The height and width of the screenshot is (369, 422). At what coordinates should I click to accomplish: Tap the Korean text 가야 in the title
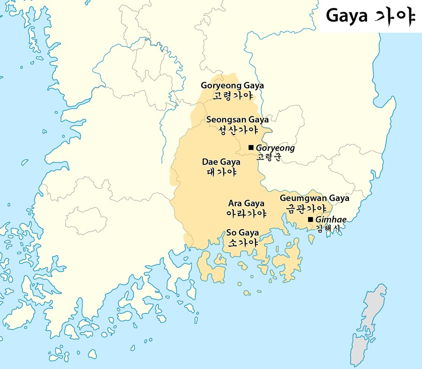coord(395,16)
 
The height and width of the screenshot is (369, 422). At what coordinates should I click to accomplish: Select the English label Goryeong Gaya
coord(232,86)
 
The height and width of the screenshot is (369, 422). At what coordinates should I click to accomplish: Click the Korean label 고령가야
coord(232,96)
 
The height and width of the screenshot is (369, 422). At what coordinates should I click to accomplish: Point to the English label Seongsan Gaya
coord(237,120)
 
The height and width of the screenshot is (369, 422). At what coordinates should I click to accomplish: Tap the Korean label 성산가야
coord(237,130)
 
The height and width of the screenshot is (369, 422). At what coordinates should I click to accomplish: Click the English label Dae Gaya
coord(221,162)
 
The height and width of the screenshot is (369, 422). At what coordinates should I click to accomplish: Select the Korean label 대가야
coord(221,172)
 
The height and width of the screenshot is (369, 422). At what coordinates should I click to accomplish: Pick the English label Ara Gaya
coord(246,203)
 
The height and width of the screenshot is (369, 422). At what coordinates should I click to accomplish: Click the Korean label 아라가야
coord(246,214)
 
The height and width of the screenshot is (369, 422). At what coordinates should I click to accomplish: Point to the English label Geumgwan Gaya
coord(314,198)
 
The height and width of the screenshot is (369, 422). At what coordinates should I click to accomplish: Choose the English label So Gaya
coord(242,233)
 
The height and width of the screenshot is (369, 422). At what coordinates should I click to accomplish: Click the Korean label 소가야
coord(242,243)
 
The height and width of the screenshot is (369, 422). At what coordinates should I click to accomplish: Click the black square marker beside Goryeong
coord(251,148)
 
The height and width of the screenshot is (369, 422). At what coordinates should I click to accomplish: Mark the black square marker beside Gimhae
coord(310,219)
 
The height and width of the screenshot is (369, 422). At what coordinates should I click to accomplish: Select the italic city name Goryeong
coord(275,148)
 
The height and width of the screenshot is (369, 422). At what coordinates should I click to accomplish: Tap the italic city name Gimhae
coord(331,220)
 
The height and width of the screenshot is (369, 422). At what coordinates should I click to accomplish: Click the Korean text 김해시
coord(328,229)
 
